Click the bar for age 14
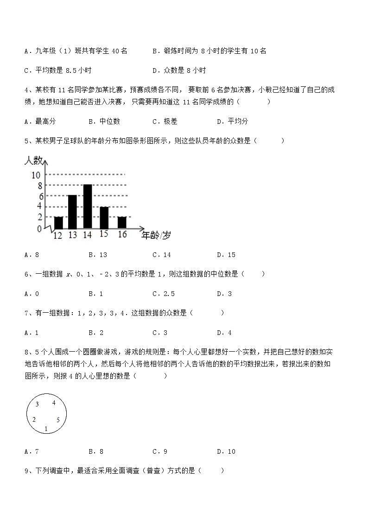pos(87,206)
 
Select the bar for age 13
pos(72,212)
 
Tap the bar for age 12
pos(58,222)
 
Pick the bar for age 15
pos(104,217)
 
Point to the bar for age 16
pos(121,222)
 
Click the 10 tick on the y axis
pos(36,175)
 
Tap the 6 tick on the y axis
pos(40,196)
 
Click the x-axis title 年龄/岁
pos(156,235)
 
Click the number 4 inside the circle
pos(54,403)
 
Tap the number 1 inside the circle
pos(46,428)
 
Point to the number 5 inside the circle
pos(58,420)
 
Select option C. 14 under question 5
pos(162,255)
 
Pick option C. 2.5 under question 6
pos(164,294)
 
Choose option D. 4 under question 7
pos(224,333)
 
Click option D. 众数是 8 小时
pos(179,71)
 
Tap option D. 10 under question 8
pos(226,451)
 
